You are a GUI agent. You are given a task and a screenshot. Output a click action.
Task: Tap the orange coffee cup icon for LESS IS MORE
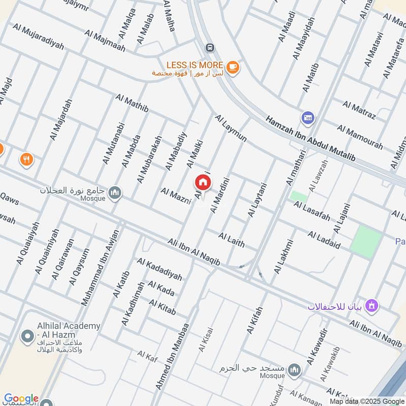click(232, 67)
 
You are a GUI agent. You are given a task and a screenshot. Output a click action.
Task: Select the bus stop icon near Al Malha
click(210, 48)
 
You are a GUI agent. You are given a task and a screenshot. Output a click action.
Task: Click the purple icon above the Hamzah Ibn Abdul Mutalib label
click(307, 118)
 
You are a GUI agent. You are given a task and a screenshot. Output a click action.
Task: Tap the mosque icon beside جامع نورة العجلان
click(116, 192)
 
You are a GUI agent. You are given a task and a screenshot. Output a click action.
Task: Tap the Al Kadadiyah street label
click(159, 269)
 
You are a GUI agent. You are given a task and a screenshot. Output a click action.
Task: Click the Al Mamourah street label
click(360, 137)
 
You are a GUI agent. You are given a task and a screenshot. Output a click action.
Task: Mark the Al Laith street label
click(232, 239)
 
